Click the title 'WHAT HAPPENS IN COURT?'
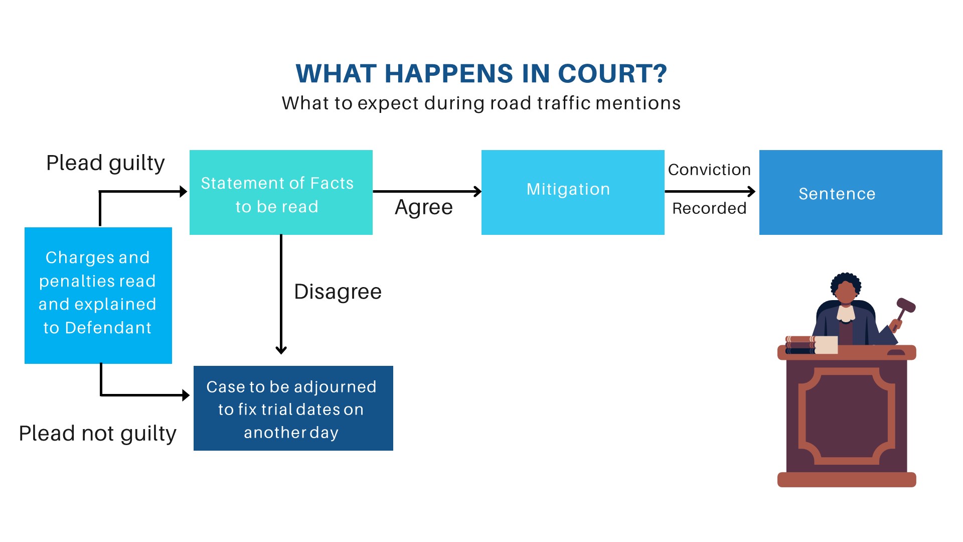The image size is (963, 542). tap(481, 74)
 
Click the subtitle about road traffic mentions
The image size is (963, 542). tap(481, 103)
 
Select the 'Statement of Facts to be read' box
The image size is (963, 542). tap(281, 193)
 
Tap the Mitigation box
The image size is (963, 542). tap(572, 192)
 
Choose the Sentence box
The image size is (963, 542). tap(850, 193)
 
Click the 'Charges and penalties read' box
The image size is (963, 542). tap(98, 295)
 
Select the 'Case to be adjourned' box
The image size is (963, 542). tap(293, 409)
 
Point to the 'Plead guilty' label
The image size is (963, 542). tap(105, 163)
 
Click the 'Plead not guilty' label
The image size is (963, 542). tap(97, 434)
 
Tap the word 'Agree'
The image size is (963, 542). tap(423, 207)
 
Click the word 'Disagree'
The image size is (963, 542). tap(338, 292)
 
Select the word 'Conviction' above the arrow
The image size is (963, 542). tap(709, 170)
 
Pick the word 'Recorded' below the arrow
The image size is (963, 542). tap(709, 208)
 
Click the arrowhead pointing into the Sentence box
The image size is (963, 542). tap(751, 191)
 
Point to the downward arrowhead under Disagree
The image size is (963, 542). tap(281, 350)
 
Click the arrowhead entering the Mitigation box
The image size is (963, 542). tap(477, 191)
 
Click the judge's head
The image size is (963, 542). tap(846, 288)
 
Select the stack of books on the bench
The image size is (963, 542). tap(801, 345)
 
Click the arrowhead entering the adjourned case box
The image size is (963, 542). tap(186, 395)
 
